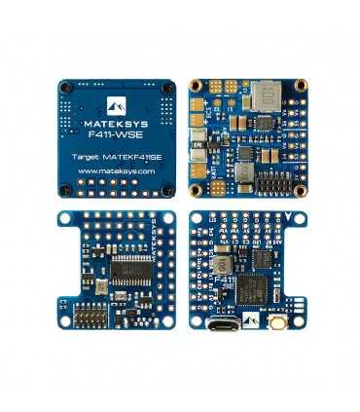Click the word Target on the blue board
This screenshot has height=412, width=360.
pos(89,155)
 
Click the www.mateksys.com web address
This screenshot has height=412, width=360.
pos(117,170)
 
